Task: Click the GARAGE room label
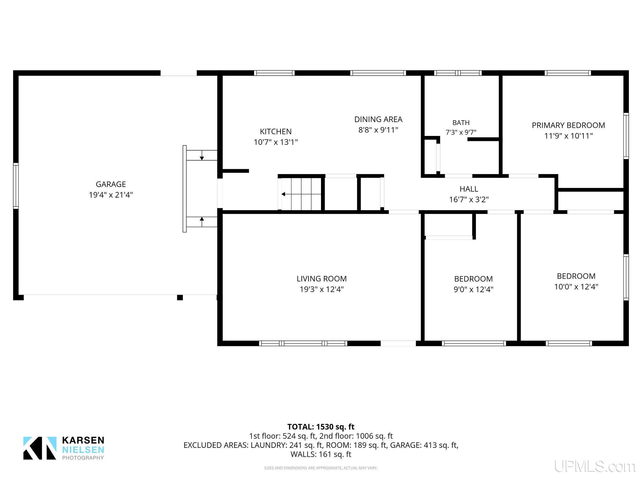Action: (111, 184)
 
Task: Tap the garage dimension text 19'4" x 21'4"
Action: (111, 195)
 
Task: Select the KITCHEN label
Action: (276, 132)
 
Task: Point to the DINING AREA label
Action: (378, 119)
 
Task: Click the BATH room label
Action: (461, 122)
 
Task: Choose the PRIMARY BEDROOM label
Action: (568, 125)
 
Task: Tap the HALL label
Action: (469, 189)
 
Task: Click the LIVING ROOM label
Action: (322, 279)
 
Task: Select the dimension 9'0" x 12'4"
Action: (473, 289)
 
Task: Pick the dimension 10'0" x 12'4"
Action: (576, 287)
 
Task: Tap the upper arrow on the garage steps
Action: (202, 155)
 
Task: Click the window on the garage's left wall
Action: (16, 186)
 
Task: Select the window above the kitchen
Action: (274, 73)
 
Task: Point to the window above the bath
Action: (458, 73)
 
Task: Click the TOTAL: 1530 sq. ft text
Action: (321, 427)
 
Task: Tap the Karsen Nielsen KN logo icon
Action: (40, 448)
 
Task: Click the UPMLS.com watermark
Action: (595, 467)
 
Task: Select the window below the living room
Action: (303, 343)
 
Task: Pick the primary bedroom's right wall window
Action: (626, 136)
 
